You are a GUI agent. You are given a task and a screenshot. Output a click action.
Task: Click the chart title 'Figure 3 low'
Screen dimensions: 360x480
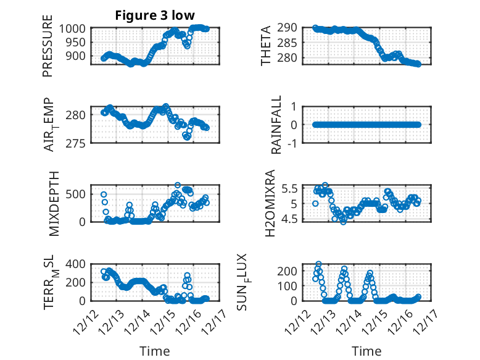point(155,16)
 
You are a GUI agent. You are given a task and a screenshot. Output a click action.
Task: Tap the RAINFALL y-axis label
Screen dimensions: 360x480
point(277,125)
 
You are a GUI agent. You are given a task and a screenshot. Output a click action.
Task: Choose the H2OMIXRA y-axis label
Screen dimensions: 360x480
point(270,203)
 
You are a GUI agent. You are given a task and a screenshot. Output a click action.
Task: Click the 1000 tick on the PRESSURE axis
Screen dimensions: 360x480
point(75,28)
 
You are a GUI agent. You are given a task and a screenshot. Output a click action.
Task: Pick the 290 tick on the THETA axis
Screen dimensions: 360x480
point(290,28)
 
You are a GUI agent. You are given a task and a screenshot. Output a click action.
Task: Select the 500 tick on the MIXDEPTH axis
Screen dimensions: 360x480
point(78,194)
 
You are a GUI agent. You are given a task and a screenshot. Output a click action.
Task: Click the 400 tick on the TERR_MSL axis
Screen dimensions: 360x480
point(78,264)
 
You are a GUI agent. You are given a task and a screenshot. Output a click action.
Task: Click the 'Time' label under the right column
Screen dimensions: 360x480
point(366,351)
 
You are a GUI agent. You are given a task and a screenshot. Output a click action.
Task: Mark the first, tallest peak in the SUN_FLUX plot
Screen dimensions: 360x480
point(318,264)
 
